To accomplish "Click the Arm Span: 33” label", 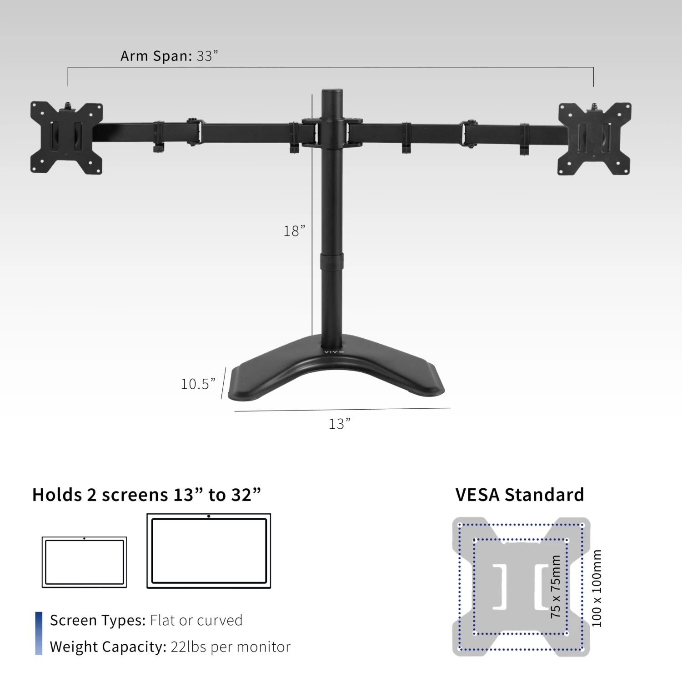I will tap(169, 56).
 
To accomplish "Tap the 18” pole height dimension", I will tap(294, 231).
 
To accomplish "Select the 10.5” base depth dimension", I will tap(198, 384).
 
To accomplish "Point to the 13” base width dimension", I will tap(340, 424).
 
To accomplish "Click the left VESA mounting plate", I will tap(66, 137).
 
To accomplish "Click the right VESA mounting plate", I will tap(595, 138).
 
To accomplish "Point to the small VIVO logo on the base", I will tap(334, 352).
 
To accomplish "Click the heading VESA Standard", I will tap(520, 495).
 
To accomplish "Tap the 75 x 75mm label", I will tap(556, 587).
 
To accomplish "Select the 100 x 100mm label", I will tap(597, 588).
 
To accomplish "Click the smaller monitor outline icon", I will tap(85, 562).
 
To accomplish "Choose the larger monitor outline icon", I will tap(209, 551).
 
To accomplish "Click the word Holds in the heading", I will tap(57, 495).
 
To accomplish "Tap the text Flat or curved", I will tap(196, 620).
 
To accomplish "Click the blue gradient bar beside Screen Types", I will tap(39, 633).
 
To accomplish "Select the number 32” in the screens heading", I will tap(246, 495).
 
